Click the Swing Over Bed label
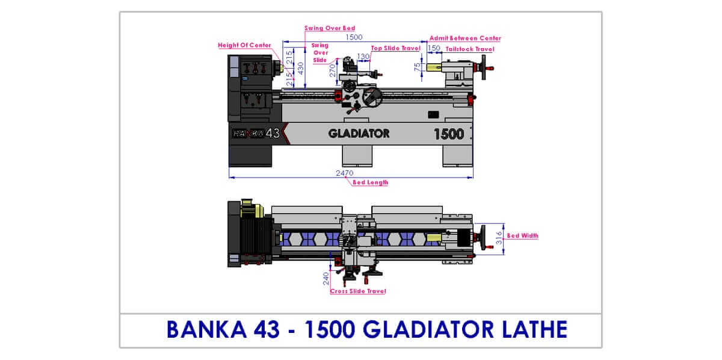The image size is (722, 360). [x=330, y=28]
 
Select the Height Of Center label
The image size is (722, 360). [x=244, y=45]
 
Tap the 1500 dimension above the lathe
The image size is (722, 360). [x=354, y=37]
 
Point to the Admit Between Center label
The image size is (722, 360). [x=465, y=38]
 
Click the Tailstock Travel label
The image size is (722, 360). [x=470, y=49]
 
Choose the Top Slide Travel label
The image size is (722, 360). [x=395, y=48]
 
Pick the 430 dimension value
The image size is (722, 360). [x=300, y=69]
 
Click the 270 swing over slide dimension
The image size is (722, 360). [x=332, y=70]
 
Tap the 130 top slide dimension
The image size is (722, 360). [x=363, y=57]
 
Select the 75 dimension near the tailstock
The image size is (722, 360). [x=418, y=67]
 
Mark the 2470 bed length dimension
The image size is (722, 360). [x=345, y=173]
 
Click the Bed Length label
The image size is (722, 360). [x=371, y=182]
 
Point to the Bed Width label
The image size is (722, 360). [x=522, y=236]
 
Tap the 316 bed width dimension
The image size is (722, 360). [x=499, y=238]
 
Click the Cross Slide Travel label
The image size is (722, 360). [x=358, y=291]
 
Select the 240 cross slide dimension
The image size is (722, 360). [x=326, y=279]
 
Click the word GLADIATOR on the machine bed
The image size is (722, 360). [x=359, y=134]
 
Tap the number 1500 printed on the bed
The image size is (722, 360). [x=449, y=134]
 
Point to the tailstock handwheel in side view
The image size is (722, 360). [x=484, y=67]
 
